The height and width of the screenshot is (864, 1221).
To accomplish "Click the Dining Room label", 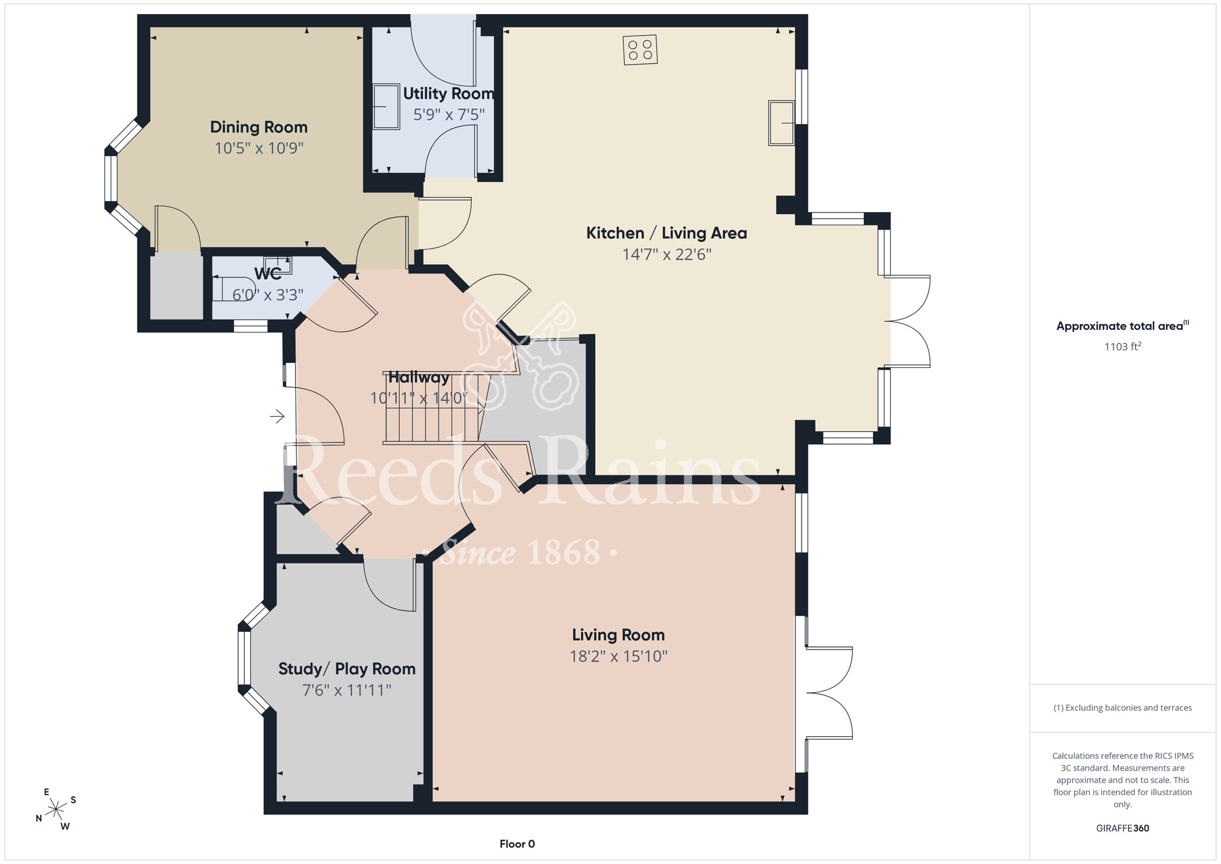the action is tap(259, 127).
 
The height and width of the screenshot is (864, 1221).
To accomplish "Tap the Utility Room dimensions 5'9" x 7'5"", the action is tap(449, 114).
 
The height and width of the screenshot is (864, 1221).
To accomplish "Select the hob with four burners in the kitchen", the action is tap(640, 50).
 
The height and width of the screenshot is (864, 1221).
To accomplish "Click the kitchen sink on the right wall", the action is tap(781, 123).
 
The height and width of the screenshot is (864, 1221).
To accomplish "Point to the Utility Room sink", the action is tap(386, 107).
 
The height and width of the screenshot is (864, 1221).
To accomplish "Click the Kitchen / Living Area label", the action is tap(667, 233).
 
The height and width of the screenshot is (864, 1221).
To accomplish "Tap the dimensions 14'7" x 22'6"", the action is tap(667, 254).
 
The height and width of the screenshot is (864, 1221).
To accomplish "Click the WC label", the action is tap(268, 273).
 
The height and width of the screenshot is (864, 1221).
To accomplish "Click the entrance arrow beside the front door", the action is tap(277, 417).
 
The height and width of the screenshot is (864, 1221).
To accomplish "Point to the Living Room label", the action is tap(618, 635).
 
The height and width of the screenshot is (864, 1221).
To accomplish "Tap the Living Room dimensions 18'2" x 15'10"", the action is tap(618, 656).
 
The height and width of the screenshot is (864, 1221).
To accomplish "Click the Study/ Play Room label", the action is tap(347, 669).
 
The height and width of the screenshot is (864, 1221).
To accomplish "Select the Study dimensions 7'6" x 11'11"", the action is tap(347, 690).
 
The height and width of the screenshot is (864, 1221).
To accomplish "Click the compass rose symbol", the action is tap(56, 810).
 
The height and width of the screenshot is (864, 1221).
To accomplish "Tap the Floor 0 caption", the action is tap(517, 844).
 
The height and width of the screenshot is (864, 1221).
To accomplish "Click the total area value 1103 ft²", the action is tap(1123, 346).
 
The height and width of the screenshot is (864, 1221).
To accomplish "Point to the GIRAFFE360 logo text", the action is tap(1123, 829).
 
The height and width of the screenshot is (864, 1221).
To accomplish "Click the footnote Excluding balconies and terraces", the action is tap(1123, 708).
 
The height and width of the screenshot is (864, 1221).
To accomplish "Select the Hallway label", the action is tap(419, 378).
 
